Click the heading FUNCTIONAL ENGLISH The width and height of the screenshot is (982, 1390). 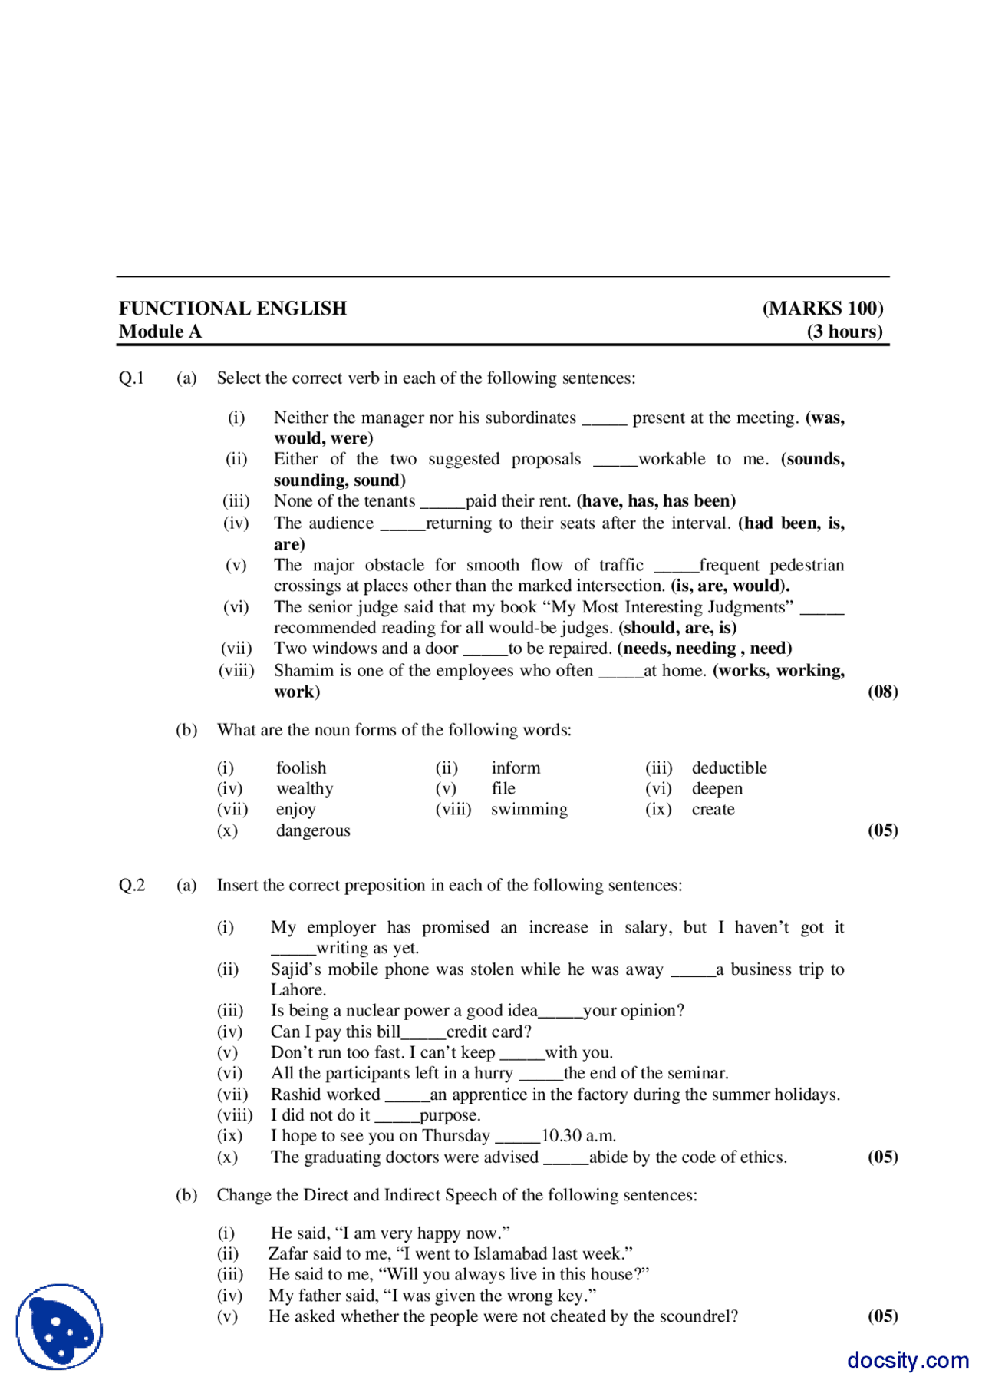pyautogui.click(x=232, y=309)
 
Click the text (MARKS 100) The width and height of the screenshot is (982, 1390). pyautogui.click(x=822, y=309)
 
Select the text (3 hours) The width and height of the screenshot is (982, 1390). pyautogui.click(x=844, y=332)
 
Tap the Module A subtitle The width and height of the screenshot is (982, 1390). pyautogui.click(x=160, y=332)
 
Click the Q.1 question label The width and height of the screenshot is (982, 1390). pyautogui.click(x=131, y=378)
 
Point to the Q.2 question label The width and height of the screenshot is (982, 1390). pyautogui.click(x=131, y=886)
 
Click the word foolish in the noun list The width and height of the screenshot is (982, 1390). pyautogui.click(x=301, y=768)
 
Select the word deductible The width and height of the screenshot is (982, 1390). pyautogui.click(x=729, y=768)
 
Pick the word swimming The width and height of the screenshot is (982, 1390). pyautogui.click(x=529, y=810)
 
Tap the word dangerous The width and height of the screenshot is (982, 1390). pyautogui.click(x=313, y=830)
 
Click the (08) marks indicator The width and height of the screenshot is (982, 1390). pyautogui.click(x=882, y=692)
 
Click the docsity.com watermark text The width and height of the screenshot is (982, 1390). pyautogui.click(x=908, y=1360)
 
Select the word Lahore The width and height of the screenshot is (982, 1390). pyautogui.click(x=298, y=990)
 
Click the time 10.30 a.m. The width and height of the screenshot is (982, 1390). pyautogui.click(x=578, y=1136)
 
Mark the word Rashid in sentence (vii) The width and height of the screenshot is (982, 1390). pyautogui.click(x=295, y=1095)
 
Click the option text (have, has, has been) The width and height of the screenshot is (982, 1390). pyautogui.click(x=656, y=501)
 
